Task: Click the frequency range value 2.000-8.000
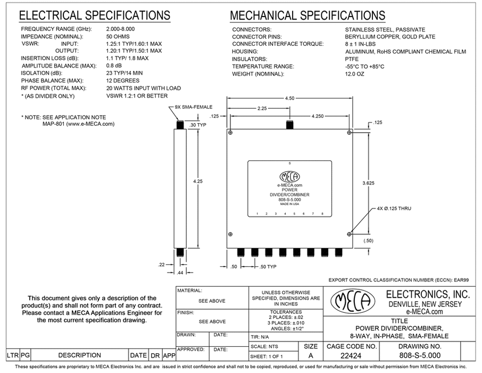(x=120, y=29)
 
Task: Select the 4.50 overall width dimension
(x=289, y=98)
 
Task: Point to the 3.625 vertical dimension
(x=368, y=183)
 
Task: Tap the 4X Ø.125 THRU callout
(x=394, y=208)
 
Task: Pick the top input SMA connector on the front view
(x=289, y=125)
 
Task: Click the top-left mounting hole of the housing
(x=230, y=133)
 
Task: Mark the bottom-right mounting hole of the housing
(x=349, y=234)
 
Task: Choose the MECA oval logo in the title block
(x=353, y=301)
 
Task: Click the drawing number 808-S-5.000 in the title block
(x=420, y=355)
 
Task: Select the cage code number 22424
(x=351, y=356)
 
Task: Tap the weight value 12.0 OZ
(x=354, y=74)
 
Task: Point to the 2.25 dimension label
(x=262, y=108)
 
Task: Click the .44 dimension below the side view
(x=180, y=273)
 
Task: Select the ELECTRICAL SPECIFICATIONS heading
(x=94, y=15)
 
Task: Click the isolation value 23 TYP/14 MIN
(x=124, y=73)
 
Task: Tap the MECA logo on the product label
(x=289, y=177)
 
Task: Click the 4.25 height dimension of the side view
(x=198, y=181)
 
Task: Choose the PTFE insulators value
(x=352, y=59)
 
